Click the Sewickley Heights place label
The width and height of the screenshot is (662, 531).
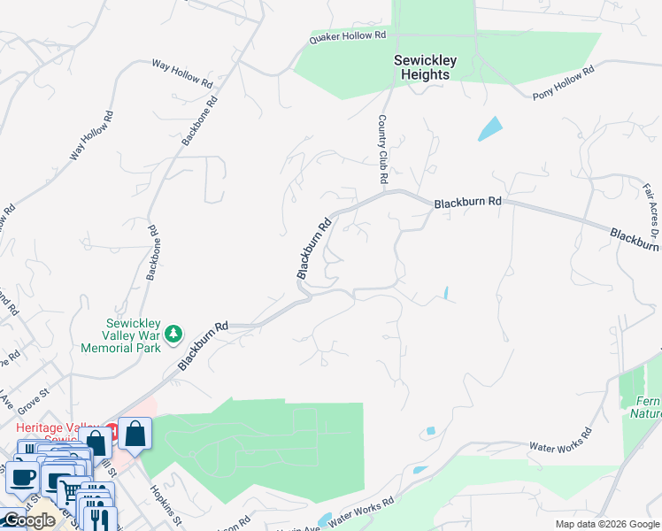pos(426,67)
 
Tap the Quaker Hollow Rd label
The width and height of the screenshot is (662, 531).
pos(348,37)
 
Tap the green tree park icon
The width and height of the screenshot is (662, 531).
pos(175,333)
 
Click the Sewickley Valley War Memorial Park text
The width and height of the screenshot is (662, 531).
pos(133,335)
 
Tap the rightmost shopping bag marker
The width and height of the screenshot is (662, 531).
pos(135,434)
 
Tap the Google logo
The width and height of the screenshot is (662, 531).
pos(28,520)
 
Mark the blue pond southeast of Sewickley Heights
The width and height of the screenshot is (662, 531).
pos(489,129)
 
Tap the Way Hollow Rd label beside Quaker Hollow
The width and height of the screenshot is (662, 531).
pos(182,73)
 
